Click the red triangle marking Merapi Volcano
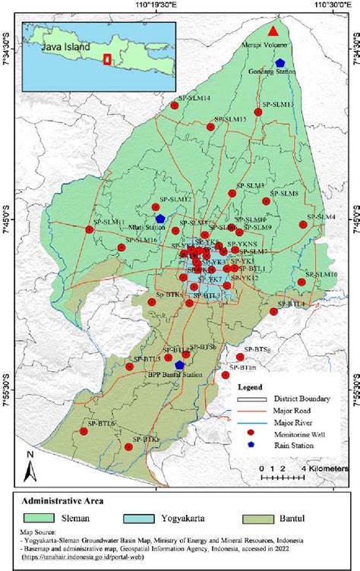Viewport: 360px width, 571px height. point(273,31)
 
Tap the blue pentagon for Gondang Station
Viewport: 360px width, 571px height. point(280,63)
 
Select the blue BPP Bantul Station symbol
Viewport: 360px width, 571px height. point(179,364)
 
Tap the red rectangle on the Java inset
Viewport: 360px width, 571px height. point(107,58)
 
